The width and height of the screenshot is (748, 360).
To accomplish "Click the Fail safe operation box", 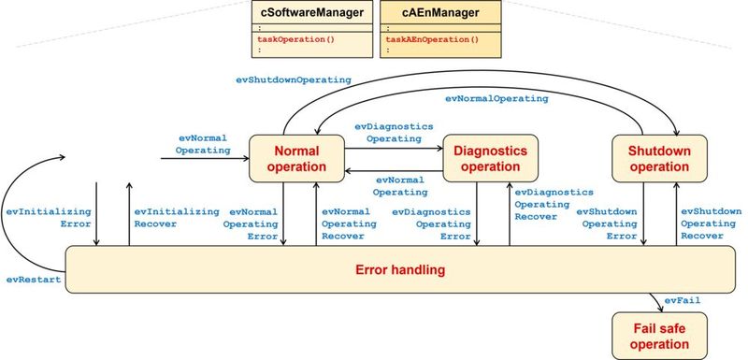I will click(658, 335).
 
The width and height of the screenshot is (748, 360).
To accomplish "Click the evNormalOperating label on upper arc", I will click(496, 97).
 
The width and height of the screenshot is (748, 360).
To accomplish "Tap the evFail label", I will click(683, 300).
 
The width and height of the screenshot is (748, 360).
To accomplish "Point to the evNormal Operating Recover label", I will click(349, 223).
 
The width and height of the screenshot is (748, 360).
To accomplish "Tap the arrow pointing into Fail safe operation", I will click(654, 302).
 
